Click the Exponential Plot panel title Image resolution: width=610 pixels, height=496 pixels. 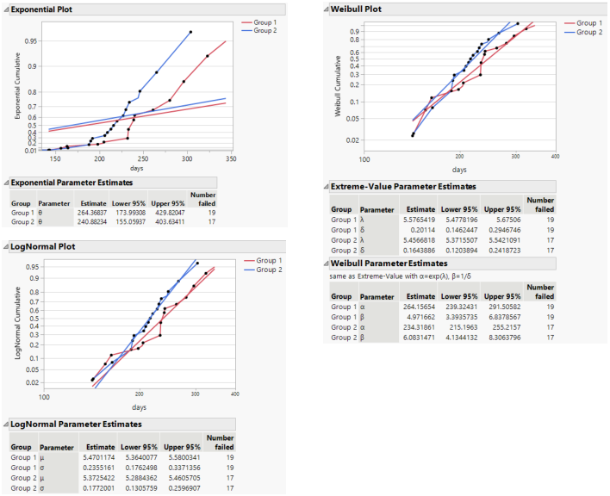(41, 8)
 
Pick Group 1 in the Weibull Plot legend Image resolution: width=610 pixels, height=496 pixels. (588, 22)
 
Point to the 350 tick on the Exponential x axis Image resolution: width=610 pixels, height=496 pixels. (296, 159)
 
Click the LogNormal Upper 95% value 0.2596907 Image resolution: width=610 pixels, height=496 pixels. (184, 487)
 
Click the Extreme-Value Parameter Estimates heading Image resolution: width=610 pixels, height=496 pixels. (404, 186)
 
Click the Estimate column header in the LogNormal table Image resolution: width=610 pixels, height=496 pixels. (103, 447)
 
